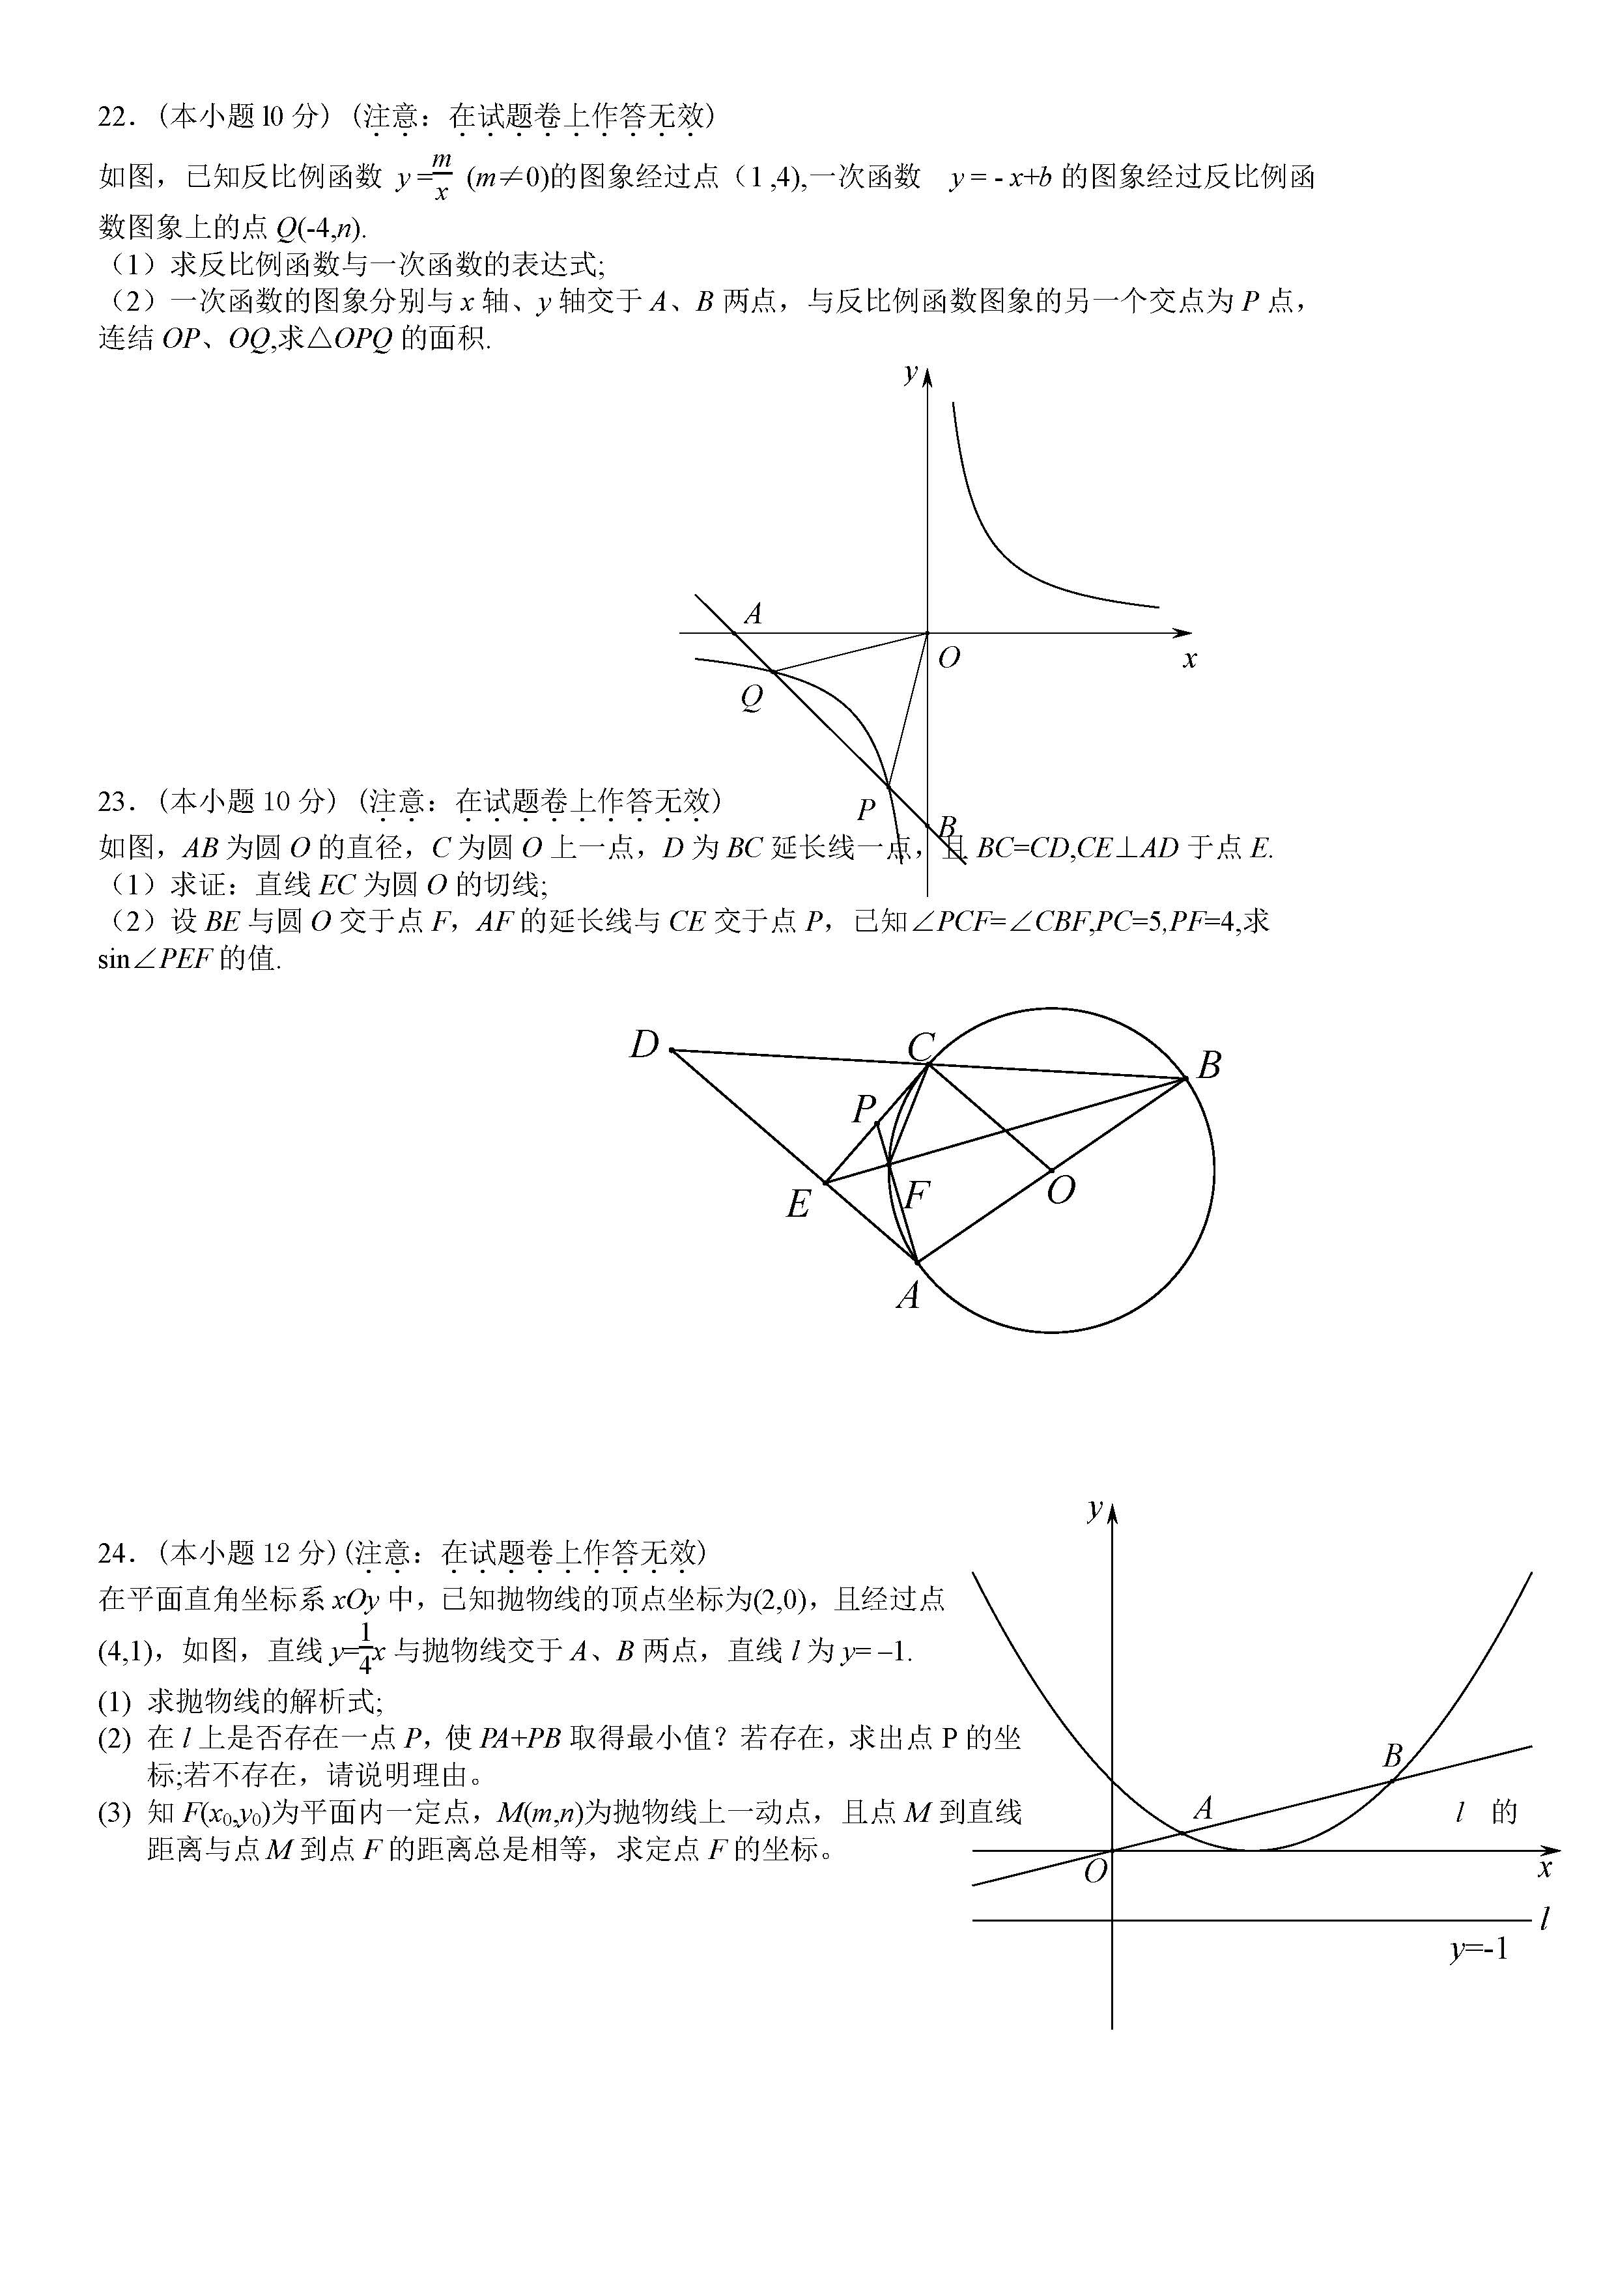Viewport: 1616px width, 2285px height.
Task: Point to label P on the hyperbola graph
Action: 866,809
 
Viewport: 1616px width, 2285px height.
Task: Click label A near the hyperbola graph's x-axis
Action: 753,614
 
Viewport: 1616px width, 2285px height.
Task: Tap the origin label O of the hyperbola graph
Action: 949,658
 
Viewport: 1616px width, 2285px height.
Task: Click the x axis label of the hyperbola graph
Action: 1189,659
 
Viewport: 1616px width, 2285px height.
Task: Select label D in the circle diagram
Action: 645,1045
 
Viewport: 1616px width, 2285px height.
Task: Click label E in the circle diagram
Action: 798,1205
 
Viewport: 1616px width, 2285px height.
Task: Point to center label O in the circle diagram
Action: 1061,1189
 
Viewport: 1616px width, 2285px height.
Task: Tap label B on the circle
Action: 1209,1066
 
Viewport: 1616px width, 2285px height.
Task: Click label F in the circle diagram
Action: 916,1195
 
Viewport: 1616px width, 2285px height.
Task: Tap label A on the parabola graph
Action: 1203,1808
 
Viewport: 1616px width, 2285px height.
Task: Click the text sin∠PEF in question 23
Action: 154,960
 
